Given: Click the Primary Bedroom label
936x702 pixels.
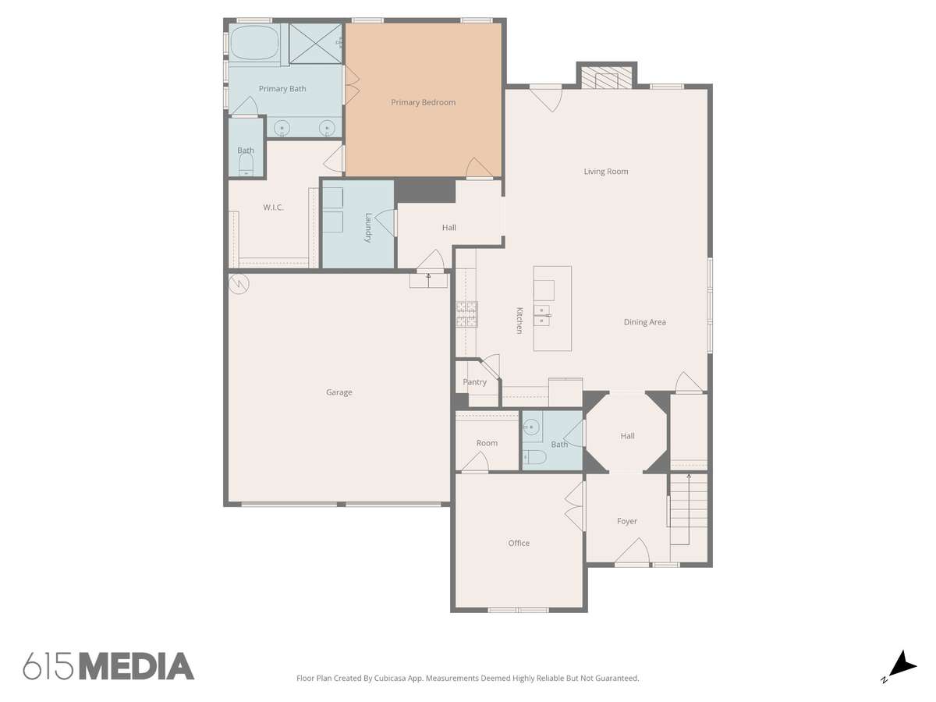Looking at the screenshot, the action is pyautogui.click(x=423, y=102).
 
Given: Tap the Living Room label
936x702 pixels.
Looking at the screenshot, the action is pyautogui.click(x=605, y=172).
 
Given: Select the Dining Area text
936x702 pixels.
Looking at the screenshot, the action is pyautogui.click(x=644, y=322).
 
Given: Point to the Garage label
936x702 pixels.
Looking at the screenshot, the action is pyautogui.click(x=339, y=392).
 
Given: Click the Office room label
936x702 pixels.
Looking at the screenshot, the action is pyautogui.click(x=519, y=543).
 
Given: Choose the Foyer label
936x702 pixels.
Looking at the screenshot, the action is pyautogui.click(x=627, y=521).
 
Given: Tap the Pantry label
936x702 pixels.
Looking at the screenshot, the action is pyautogui.click(x=474, y=382).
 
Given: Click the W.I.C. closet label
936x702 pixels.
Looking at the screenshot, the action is pyautogui.click(x=273, y=207).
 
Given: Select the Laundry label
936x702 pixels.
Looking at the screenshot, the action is pyautogui.click(x=368, y=228).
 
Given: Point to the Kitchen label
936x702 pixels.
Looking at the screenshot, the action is pyautogui.click(x=519, y=320).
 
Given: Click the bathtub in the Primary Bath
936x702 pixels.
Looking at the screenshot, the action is pyautogui.click(x=254, y=43).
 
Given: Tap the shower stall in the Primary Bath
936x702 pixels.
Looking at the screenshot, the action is pyautogui.click(x=316, y=44).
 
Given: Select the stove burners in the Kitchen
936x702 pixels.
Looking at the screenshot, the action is pyautogui.click(x=466, y=314).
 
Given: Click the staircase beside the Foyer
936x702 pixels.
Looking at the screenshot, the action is pyautogui.click(x=689, y=509).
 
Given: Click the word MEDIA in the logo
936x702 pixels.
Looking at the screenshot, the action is pyautogui.click(x=137, y=666).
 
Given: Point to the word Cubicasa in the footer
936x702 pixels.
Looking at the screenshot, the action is pyautogui.click(x=390, y=678).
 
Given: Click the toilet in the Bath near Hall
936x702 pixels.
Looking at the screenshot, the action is pyautogui.click(x=534, y=457).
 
